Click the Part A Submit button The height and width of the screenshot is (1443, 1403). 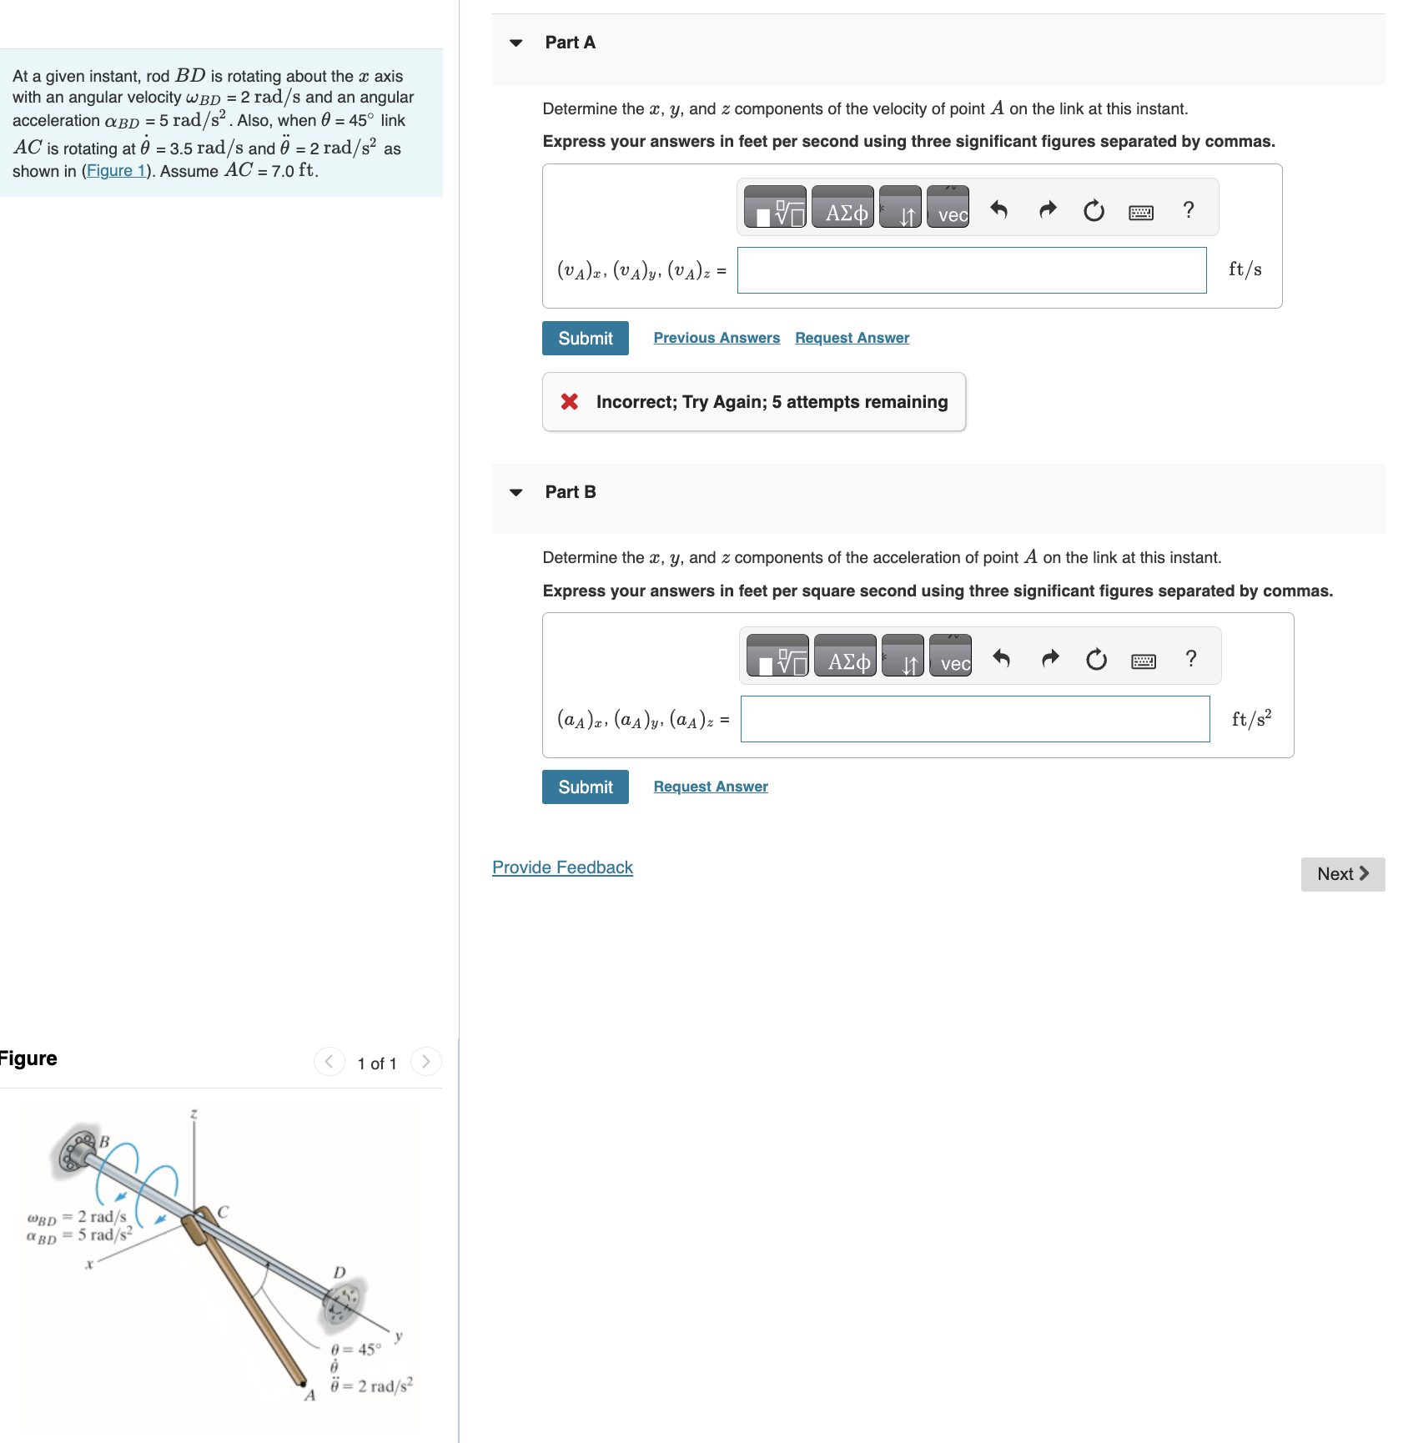coord(585,338)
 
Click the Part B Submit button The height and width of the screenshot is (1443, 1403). coord(585,787)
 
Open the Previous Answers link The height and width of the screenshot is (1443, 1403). coord(716,338)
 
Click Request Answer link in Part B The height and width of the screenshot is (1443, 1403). coord(710,787)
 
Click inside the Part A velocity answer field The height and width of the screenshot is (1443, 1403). coord(971,270)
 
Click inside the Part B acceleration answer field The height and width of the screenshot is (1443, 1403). coord(974,719)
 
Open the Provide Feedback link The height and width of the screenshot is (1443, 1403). coord(562,867)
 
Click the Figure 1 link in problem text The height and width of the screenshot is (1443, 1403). coord(116,171)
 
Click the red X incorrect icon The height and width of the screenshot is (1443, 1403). coord(570,402)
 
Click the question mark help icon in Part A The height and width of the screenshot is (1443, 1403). coord(1188,209)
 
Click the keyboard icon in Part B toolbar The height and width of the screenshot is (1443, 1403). coord(1143,661)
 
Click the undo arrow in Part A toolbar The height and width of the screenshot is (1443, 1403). coord(998,209)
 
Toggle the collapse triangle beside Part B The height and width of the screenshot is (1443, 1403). coord(516,492)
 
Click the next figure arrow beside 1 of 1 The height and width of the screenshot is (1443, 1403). coord(426,1062)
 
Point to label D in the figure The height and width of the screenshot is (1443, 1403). coord(339,1272)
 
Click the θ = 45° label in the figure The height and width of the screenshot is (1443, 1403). coord(356,1349)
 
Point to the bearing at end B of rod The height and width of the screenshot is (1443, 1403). coord(74,1152)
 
